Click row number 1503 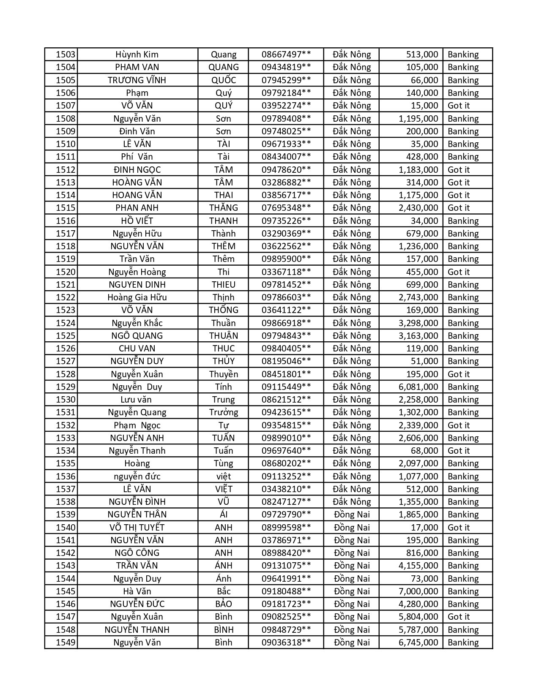click(66, 54)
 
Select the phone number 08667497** click(286, 54)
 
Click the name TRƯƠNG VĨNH click(137, 80)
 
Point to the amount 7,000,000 click(418, 591)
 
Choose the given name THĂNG click(223, 208)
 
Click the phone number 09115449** click(286, 387)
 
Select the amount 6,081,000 click(418, 387)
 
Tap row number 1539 click(66, 515)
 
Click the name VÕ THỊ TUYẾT click(137, 528)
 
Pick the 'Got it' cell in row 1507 click(459, 106)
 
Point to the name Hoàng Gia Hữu click(137, 297)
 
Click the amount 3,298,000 click(418, 323)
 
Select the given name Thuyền click(223, 374)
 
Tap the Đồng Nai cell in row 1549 click(352, 643)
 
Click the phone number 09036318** click(286, 643)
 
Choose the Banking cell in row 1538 click(463, 502)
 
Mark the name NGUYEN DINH click(137, 285)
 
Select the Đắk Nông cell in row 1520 click(352, 272)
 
